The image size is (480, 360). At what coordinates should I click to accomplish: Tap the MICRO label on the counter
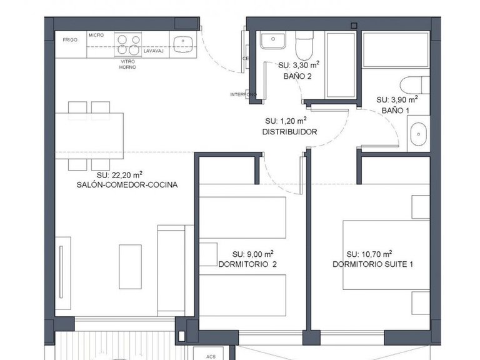(x=96, y=36)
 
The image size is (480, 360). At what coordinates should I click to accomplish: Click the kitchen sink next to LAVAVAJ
(x=181, y=42)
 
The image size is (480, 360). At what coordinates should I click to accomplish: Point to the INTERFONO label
(x=242, y=94)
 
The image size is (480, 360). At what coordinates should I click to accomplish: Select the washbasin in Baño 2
(x=272, y=41)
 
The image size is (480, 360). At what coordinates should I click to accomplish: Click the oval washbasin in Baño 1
(x=417, y=134)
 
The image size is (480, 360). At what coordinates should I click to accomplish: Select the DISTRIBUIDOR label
(x=289, y=132)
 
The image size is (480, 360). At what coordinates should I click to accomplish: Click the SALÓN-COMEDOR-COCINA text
(x=127, y=185)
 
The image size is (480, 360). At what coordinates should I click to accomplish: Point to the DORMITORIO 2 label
(x=247, y=264)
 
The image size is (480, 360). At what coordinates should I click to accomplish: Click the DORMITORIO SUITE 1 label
(x=373, y=264)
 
